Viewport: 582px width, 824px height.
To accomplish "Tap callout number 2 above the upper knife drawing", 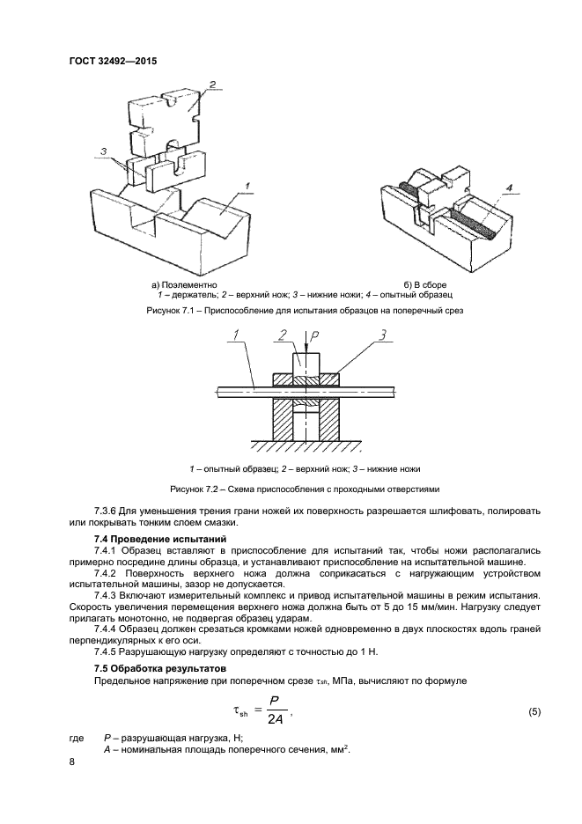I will click(x=211, y=85).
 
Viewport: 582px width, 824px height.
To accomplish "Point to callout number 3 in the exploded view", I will click(x=104, y=151).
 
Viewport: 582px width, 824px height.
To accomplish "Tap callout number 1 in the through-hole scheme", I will click(x=236, y=335).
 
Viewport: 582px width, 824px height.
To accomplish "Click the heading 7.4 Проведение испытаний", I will click(x=160, y=537).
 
